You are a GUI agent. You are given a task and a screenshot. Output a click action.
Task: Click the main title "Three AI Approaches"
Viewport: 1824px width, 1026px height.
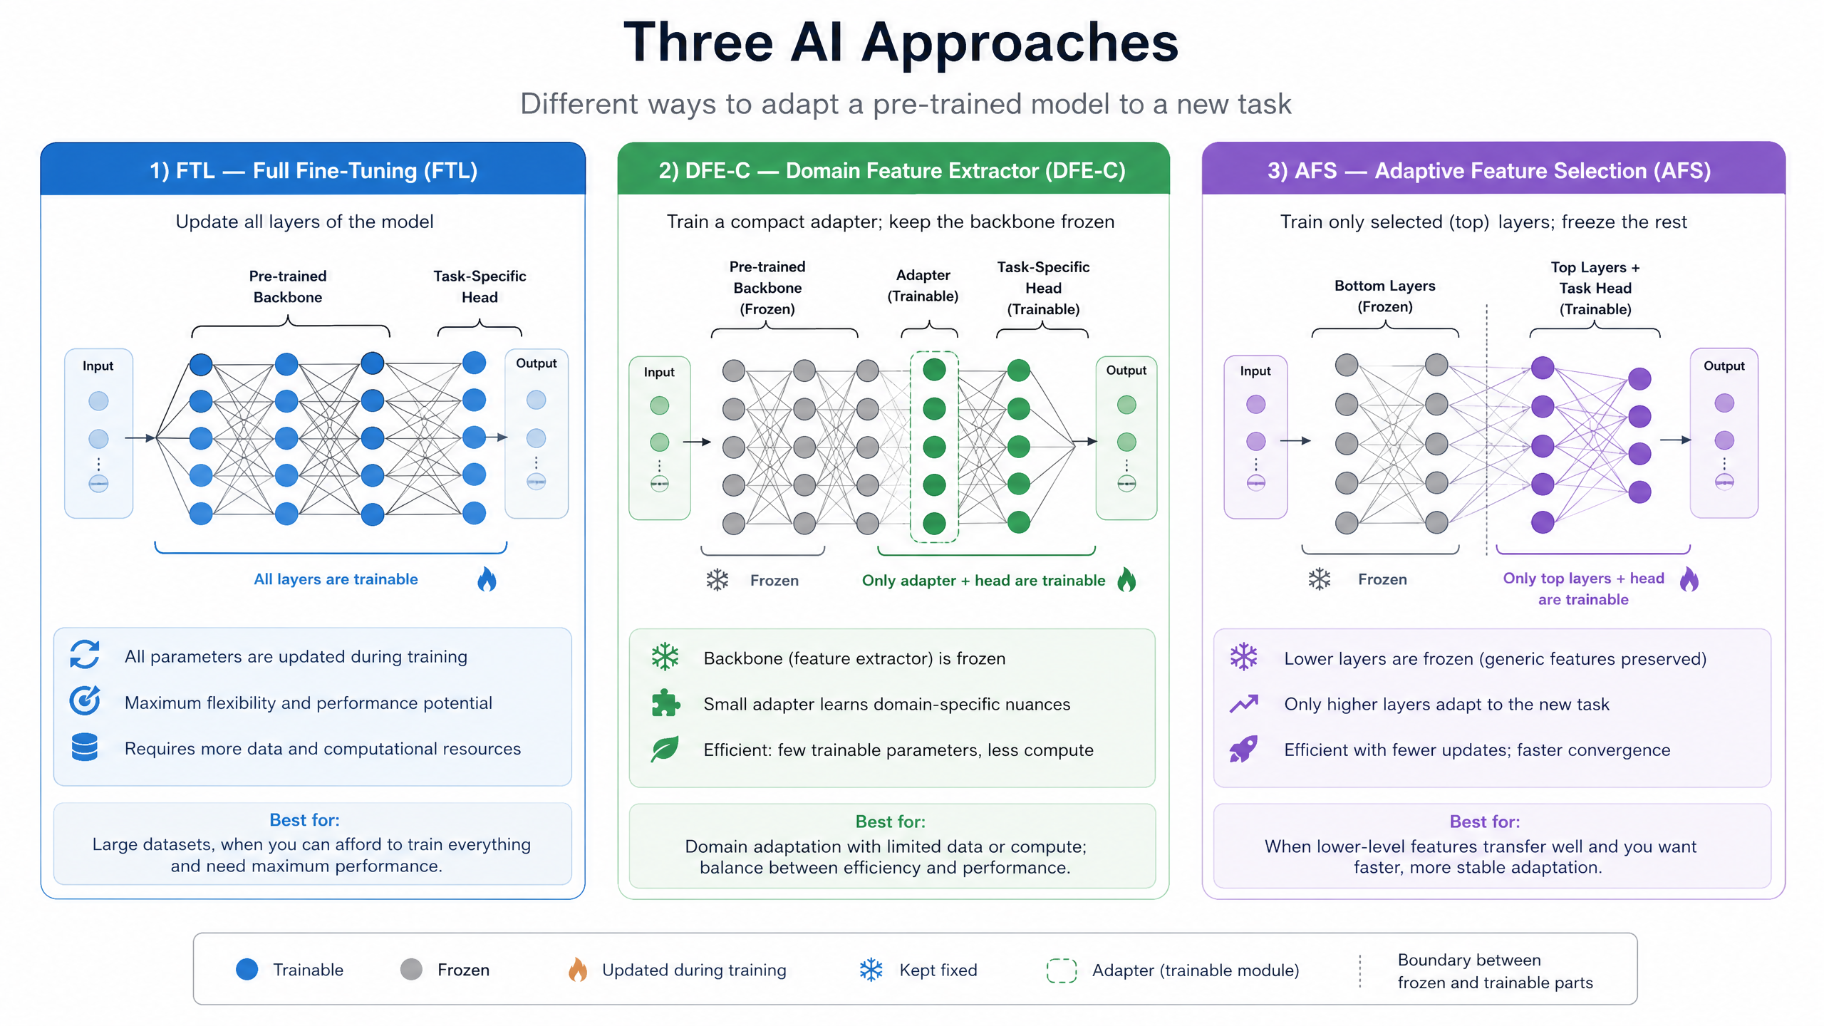[901, 43]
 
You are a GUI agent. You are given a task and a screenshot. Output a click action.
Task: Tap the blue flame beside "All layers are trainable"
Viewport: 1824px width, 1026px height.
[487, 580]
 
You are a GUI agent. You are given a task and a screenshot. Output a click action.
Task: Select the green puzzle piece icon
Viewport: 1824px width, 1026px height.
[665, 703]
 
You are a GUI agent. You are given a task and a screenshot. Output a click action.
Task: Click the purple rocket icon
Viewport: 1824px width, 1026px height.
[1244, 750]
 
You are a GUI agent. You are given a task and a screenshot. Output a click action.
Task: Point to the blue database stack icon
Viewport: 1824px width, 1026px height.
[85, 747]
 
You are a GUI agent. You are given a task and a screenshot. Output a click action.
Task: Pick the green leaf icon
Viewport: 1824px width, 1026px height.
[665, 749]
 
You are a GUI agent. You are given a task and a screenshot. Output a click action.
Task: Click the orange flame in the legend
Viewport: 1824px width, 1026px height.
[578, 970]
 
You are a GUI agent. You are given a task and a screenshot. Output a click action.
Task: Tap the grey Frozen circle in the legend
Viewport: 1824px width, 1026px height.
[411, 970]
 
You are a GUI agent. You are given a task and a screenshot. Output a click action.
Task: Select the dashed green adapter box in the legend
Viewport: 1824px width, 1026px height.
[1061, 970]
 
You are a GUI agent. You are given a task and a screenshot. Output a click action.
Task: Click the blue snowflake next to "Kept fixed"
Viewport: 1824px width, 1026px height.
[871, 970]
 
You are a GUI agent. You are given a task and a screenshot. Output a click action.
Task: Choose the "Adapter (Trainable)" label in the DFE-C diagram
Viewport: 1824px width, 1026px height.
[923, 286]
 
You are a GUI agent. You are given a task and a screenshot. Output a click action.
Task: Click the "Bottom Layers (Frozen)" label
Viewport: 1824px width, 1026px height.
[1385, 296]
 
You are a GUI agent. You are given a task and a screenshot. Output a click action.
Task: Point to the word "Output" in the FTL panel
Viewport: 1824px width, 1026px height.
[537, 363]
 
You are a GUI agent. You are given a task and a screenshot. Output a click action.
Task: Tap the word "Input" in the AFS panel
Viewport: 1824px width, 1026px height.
[1255, 371]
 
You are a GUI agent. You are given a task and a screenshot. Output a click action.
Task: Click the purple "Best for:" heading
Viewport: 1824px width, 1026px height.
[1485, 822]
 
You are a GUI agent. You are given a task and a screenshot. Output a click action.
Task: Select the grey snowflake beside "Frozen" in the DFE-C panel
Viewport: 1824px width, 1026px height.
[717, 580]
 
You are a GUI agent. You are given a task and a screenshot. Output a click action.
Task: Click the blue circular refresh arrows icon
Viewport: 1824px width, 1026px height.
[85, 655]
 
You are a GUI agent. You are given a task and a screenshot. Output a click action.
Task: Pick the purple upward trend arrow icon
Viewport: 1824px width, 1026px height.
[1244, 704]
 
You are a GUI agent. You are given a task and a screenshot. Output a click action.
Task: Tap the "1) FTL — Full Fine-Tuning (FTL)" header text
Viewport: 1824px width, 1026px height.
[313, 171]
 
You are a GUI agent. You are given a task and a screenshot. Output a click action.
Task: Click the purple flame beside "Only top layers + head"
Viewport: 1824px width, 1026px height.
[1689, 579]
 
